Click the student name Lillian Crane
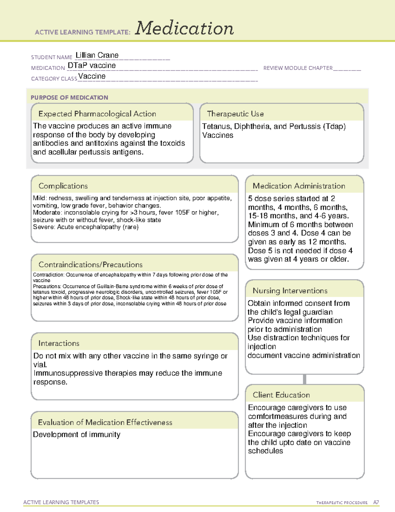click(97, 55)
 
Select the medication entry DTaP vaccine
click(92, 65)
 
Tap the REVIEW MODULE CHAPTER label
click(298, 68)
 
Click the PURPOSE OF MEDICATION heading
click(69, 98)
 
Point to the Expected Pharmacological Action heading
click(97, 114)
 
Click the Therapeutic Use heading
click(235, 114)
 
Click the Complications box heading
click(63, 186)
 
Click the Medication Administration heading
click(299, 186)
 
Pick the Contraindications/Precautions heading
click(91, 264)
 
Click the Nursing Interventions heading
click(290, 290)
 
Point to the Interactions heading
click(59, 343)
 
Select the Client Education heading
click(281, 395)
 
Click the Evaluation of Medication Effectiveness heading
click(105, 422)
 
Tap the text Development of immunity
click(77, 435)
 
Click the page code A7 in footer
click(376, 502)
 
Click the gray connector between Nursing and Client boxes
click(304, 379)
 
